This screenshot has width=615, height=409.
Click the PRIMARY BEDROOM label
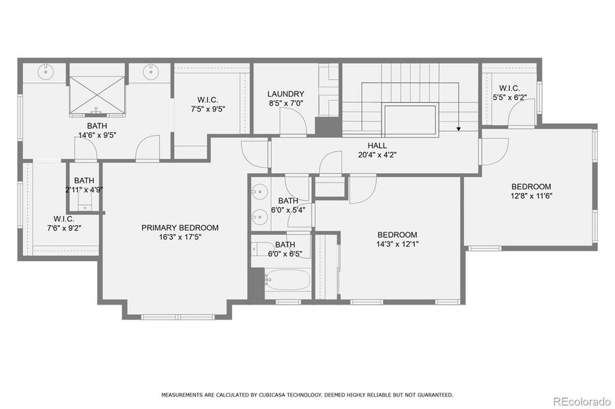click(x=180, y=228)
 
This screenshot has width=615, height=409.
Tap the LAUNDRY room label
click(x=285, y=94)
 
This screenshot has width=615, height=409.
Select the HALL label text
click(x=377, y=145)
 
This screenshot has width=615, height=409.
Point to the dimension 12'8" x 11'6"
click(x=531, y=196)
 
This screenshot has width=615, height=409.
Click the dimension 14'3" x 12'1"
click(x=397, y=244)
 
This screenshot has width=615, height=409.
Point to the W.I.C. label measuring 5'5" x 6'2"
click(x=509, y=88)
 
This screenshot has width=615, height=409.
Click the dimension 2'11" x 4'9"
click(x=84, y=190)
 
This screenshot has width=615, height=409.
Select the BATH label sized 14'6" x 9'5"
click(x=96, y=126)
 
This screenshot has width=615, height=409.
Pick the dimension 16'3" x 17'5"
click(x=180, y=237)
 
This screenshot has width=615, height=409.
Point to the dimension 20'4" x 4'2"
click(x=377, y=155)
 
